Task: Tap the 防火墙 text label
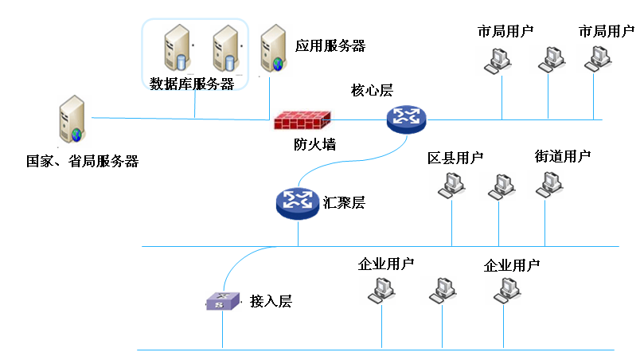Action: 314,145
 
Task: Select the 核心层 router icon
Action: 406,119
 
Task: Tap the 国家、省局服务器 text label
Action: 83,162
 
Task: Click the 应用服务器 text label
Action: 330,45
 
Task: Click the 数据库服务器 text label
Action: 192,84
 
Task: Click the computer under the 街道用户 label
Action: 548,184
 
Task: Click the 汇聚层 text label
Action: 345,202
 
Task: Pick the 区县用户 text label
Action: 455,158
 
